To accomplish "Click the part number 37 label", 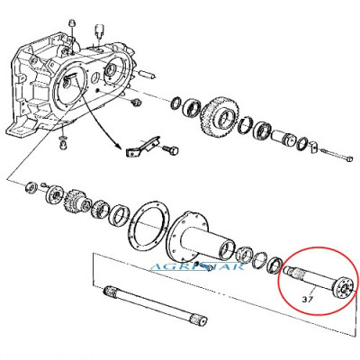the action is (x=308, y=299).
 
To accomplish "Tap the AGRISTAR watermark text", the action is (x=197, y=266).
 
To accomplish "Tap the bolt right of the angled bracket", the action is (x=171, y=149).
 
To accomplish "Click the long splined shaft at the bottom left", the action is (x=155, y=307).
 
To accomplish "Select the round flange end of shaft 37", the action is (x=345, y=288).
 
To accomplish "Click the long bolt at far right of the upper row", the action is (x=336, y=155).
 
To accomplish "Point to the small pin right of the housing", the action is (x=148, y=74).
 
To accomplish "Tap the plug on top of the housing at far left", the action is (x=71, y=23).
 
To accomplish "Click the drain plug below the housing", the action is (x=63, y=144).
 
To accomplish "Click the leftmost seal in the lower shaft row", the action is (x=31, y=188).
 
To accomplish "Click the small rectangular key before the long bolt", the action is (x=313, y=146).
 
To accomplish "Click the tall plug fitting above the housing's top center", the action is (x=99, y=31).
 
